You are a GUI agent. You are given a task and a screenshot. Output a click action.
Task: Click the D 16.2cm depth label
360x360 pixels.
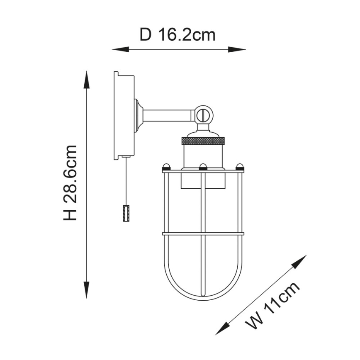[x=177, y=35]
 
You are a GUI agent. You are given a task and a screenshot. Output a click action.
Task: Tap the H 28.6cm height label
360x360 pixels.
[x=71, y=182]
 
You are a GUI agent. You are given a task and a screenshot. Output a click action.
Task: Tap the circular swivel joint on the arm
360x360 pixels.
[x=203, y=114]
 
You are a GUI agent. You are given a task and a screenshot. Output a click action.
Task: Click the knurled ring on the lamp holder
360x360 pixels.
[x=203, y=141]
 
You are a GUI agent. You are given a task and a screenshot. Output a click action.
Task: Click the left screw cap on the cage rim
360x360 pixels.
[x=166, y=167]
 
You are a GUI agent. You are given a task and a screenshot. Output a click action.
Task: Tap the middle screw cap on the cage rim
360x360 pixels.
[x=203, y=167]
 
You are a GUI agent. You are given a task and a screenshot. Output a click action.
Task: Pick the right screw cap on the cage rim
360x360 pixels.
[x=239, y=167]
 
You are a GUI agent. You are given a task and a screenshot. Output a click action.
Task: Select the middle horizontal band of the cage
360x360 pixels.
[x=203, y=234]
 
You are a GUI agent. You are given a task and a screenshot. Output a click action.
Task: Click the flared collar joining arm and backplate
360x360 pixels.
[x=139, y=115]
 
